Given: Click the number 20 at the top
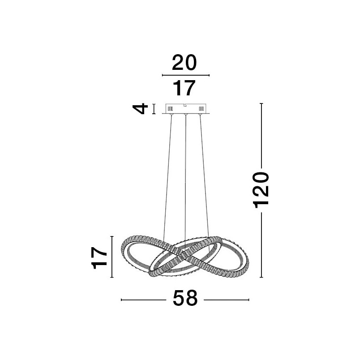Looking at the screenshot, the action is (184, 62).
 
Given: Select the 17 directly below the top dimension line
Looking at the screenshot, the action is (184, 88).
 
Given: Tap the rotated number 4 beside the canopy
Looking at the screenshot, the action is (140, 109).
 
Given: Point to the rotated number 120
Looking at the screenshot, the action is (261, 190).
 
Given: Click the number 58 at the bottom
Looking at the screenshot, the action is (185, 298).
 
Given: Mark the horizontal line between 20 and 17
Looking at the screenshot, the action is (186, 75).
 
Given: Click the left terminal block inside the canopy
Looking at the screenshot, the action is (170, 108).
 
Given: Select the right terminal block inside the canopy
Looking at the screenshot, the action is (201, 108).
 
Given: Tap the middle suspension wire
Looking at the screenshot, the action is (185, 177).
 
